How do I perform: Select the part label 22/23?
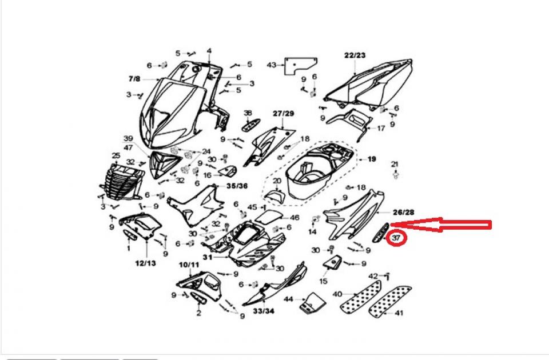pyautogui.click(x=355, y=55)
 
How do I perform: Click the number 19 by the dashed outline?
pyautogui.click(x=372, y=159)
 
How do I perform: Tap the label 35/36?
pyautogui.click(x=237, y=186)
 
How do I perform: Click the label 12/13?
pyautogui.click(x=146, y=263)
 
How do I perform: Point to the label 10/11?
pyautogui.click(x=189, y=265)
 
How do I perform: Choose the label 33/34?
pyautogui.click(x=264, y=311)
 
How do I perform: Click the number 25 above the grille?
pyautogui.click(x=115, y=155)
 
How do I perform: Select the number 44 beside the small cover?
pyautogui.click(x=288, y=299)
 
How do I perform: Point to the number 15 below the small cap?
pyautogui.click(x=323, y=281)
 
